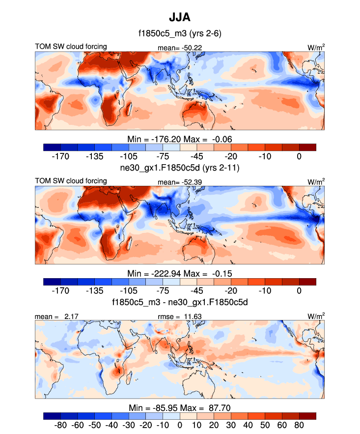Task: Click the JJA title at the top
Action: click(179, 17)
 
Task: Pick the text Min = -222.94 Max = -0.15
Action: click(179, 273)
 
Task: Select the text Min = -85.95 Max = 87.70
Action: click(179, 407)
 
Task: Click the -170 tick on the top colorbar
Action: click(61, 156)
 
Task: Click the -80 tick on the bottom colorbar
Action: click(61, 425)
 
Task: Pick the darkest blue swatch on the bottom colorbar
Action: click(52, 416)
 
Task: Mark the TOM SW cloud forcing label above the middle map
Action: click(71, 181)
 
